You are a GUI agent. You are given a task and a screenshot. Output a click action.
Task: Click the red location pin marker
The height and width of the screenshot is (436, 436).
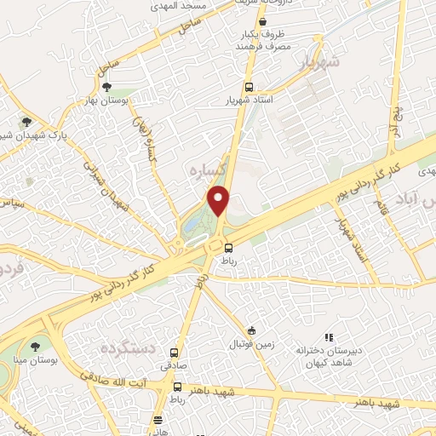[220, 201]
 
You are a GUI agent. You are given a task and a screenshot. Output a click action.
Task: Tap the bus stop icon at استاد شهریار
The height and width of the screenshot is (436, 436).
[249, 88]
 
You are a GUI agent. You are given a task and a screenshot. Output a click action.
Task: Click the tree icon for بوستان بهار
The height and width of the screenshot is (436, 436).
[106, 87]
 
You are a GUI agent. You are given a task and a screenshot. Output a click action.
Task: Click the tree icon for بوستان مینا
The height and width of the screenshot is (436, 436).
[35, 346]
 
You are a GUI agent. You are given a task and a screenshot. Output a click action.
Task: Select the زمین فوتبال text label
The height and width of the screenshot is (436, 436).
[249, 345]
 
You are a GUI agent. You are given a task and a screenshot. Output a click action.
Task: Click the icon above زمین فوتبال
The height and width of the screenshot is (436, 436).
[251, 330]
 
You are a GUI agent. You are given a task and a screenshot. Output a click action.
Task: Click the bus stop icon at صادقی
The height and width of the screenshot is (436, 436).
[175, 353]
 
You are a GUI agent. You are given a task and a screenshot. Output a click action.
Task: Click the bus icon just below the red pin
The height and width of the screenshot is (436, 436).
[227, 248]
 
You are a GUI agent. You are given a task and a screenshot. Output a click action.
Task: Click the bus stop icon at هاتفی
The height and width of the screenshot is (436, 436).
[159, 420]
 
